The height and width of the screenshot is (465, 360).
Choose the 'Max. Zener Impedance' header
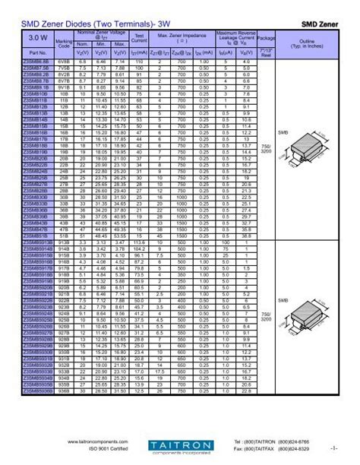182,36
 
